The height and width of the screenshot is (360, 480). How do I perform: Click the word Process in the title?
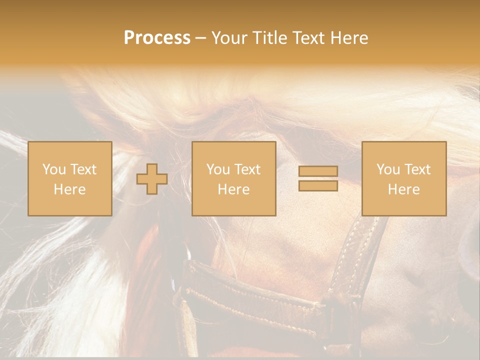pyautogui.click(x=157, y=38)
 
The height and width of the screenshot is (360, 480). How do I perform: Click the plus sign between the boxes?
pyautogui.click(x=152, y=179)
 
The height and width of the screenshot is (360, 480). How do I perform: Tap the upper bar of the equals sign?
pyautogui.click(x=318, y=171)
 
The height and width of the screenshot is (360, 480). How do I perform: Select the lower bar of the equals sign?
pyautogui.click(x=318, y=185)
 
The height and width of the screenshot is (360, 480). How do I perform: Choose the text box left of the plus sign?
pyautogui.click(x=69, y=178)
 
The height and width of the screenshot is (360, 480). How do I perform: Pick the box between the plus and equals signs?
pyautogui.click(x=233, y=178)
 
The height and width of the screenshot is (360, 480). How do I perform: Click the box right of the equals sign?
pyautogui.click(x=403, y=178)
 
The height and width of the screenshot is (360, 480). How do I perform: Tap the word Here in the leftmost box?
pyautogui.click(x=69, y=189)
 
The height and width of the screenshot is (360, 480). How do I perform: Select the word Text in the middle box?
pyautogui.click(x=248, y=169)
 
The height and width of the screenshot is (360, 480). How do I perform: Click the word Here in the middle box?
pyautogui.click(x=233, y=189)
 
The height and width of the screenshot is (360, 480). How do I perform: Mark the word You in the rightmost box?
pyautogui.click(x=388, y=169)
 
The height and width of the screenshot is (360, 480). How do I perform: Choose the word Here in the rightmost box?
pyautogui.click(x=403, y=189)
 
